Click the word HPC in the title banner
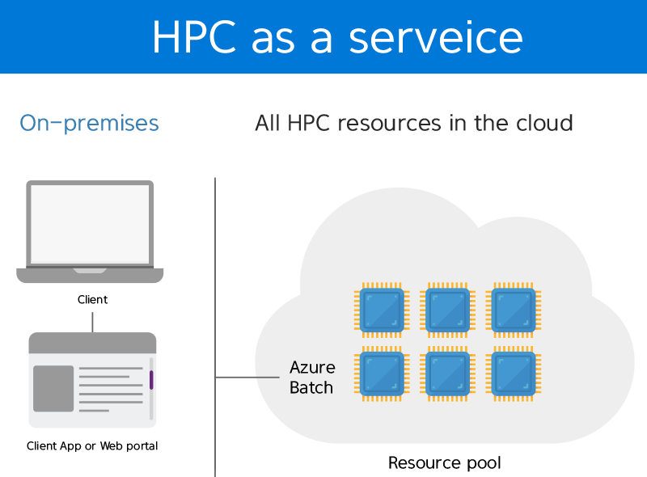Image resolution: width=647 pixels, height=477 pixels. tap(194, 37)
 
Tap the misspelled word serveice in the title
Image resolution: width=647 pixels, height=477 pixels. tap(436, 37)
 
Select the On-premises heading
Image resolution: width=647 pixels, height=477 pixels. tap(89, 124)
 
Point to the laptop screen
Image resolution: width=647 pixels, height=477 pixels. tap(90, 224)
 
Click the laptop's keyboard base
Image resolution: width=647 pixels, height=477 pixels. tap(90, 275)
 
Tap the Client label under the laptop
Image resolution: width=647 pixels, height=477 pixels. tap(92, 299)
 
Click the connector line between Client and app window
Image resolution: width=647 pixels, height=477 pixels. tap(92, 322)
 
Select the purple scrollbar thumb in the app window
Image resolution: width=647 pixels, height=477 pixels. tap(151, 380)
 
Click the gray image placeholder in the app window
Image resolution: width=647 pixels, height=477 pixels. tap(53, 388)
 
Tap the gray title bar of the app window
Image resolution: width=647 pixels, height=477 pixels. tap(92, 343)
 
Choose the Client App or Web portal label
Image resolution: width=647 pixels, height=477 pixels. tap(92, 446)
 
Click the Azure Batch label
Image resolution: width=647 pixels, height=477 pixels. tap(312, 377)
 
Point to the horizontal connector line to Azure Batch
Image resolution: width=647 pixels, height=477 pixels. tap(247, 377)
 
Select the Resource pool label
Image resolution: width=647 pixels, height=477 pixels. tap(445, 463)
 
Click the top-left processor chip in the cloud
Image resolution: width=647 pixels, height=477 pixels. tap(382, 310)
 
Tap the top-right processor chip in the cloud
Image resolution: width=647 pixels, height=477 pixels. tap(514, 310)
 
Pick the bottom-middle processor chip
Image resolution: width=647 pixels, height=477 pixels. tap(448, 374)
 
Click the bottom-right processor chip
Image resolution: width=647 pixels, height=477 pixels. tap(514, 374)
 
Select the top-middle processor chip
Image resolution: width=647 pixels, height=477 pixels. tap(448, 310)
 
